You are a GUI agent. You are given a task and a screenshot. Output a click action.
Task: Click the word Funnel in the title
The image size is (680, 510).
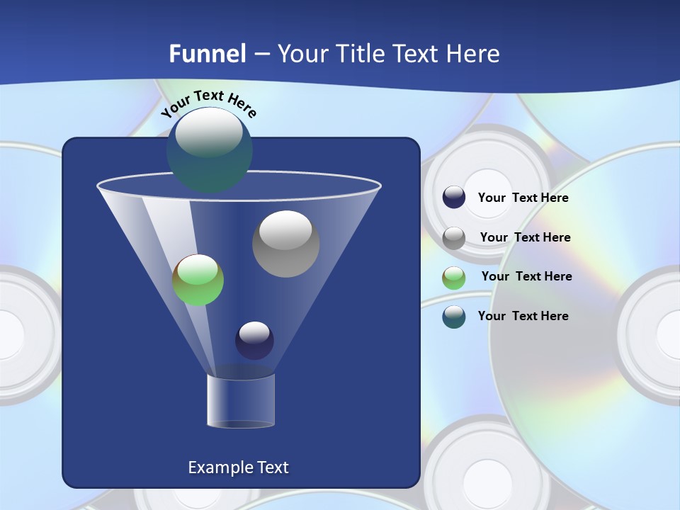pyautogui.click(x=208, y=54)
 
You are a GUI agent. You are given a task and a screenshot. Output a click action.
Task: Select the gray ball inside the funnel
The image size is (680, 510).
pyautogui.click(x=285, y=244)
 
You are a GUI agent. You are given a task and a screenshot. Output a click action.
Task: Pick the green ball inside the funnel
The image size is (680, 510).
pyautogui.click(x=198, y=280)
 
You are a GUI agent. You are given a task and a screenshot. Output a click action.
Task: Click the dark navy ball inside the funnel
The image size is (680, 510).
pyautogui.click(x=254, y=341)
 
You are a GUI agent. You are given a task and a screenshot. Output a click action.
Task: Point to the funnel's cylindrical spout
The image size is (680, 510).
pyautogui.click(x=240, y=401)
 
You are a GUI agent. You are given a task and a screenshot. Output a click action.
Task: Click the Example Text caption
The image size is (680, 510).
pyautogui.click(x=239, y=467)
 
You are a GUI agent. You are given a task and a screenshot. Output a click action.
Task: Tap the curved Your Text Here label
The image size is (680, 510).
pyautogui.click(x=208, y=103)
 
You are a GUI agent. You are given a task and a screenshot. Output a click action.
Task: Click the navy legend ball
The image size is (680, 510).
pyautogui.click(x=454, y=197)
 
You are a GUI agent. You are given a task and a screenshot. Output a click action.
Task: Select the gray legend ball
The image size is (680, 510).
pyautogui.click(x=454, y=238)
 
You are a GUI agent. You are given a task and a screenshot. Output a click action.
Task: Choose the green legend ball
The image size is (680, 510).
pyautogui.click(x=454, y=278)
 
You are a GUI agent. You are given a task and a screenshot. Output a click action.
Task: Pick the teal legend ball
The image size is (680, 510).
pyautogui.click(x=454, y=317)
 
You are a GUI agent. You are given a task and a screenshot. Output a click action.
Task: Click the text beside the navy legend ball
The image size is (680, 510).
pyautogui.click(x=523, y=198)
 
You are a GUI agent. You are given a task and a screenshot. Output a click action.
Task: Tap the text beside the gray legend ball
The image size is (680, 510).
pyautogui.click(x=525, y=238)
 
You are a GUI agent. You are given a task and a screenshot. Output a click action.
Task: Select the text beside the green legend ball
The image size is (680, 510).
pyautogui.click(x=526, y=277)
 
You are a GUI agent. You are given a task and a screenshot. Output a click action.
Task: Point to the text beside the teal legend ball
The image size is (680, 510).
pyautogui.click(x=523, y=316)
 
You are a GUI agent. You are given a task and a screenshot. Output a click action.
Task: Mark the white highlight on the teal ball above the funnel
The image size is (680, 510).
pyautogui.click(x=209, y=133)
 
